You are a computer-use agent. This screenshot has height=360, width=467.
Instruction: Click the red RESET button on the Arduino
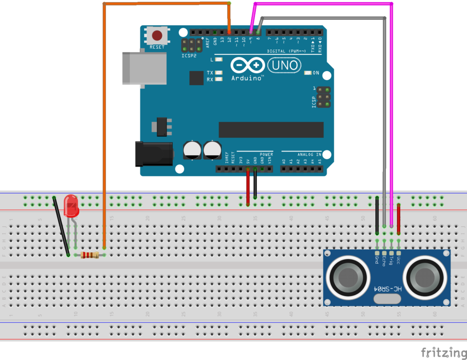click(x=157, y=35)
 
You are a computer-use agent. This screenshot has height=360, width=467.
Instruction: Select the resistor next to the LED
click(x=89, y=255)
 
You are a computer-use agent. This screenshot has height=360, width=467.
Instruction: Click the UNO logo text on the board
click(x=285, y=66)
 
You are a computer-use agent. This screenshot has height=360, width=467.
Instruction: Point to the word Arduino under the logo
click(x=247, y=78)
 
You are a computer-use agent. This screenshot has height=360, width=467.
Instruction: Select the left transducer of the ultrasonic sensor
click(x=348, y=276)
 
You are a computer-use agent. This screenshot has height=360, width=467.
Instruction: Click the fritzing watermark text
click(x=441, y=352)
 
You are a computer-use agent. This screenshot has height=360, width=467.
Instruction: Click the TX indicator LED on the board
click(x=219, y=73)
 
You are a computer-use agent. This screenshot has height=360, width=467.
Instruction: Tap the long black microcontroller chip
click(x=271, y=130)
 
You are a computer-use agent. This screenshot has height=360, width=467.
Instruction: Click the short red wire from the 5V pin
click(x=248, y=187)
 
